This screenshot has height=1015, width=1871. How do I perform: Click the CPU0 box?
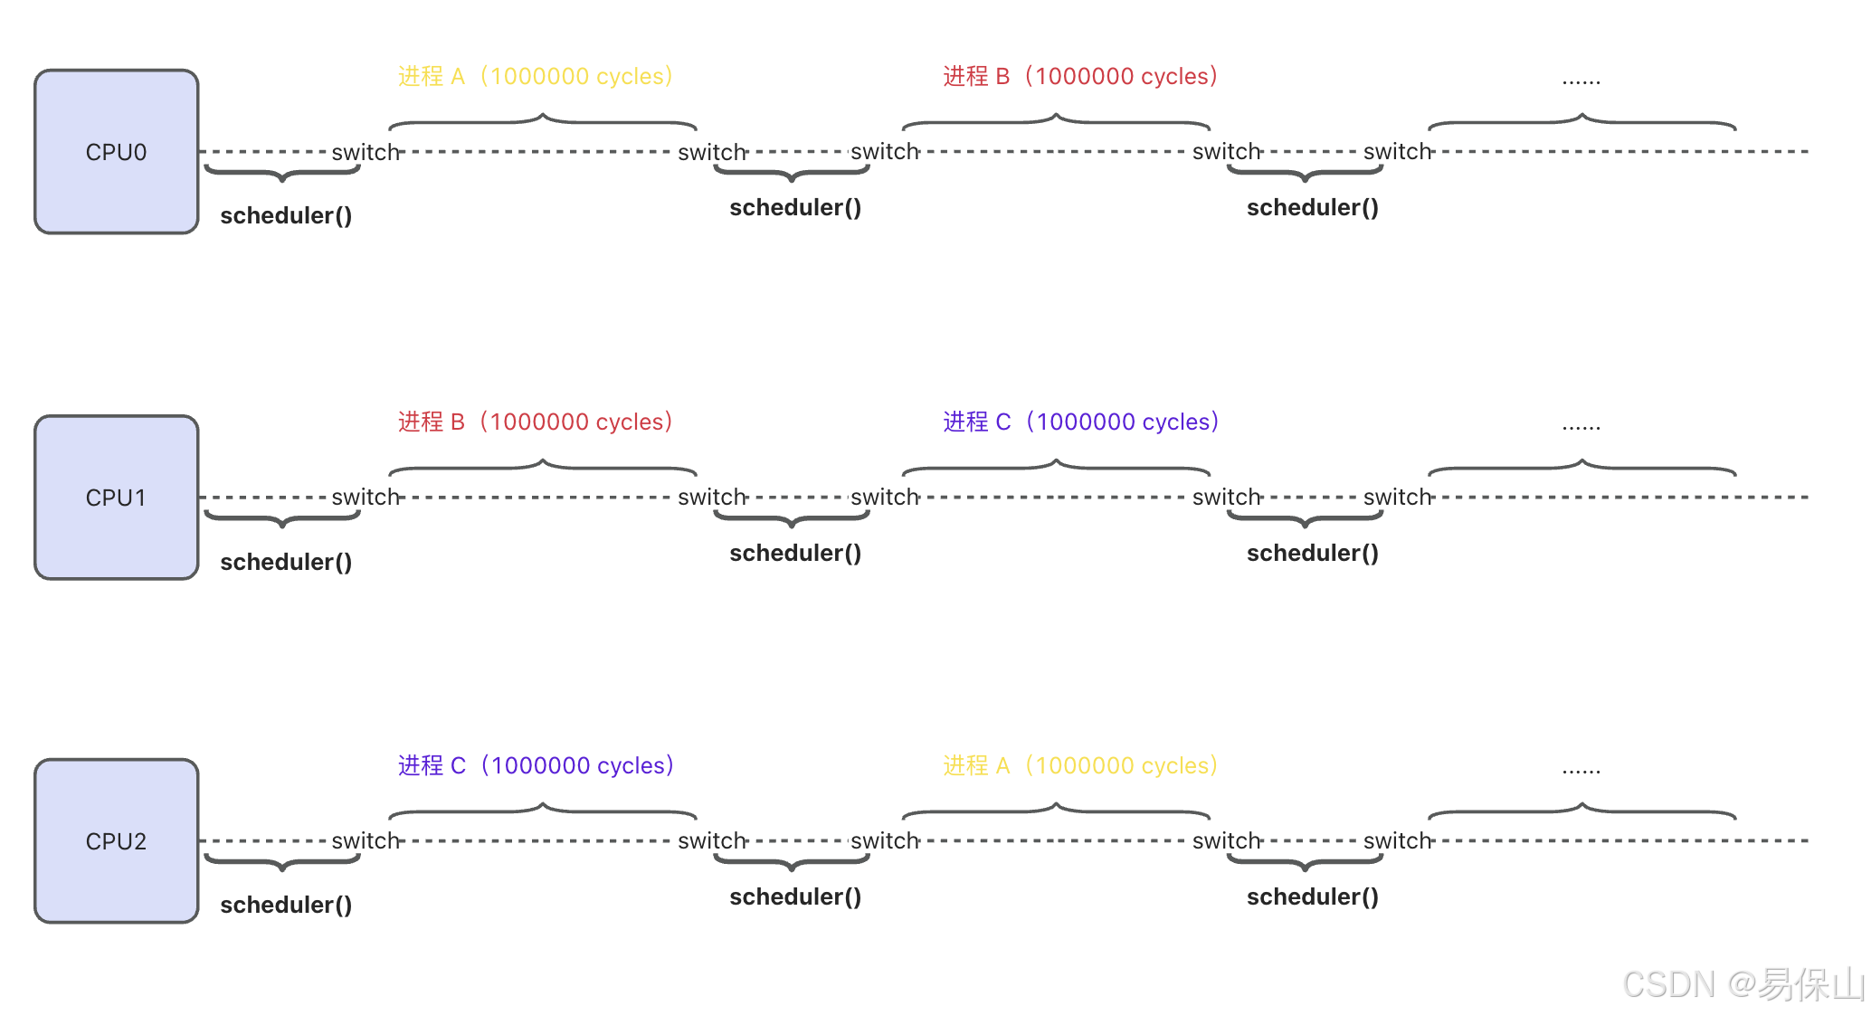(x=116, y=152)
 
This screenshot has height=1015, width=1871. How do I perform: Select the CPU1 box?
(x=116, y=498)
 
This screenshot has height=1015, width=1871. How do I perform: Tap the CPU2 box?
(x=116, y=841)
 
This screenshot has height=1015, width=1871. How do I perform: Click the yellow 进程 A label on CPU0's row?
(x=535, y=76)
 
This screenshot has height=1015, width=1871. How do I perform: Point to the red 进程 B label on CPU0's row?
(x=1080, y=76)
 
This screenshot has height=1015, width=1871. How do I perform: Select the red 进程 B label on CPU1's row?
(x=535, y=422)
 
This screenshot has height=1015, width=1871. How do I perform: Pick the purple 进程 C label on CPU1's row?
(x=1081, y=422)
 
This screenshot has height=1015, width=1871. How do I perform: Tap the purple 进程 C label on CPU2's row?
(x=536, y=765)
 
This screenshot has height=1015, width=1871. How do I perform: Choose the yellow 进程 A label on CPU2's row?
(x=1080, y=765)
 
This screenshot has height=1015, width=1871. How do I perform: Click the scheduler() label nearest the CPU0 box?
(x=286, y=215)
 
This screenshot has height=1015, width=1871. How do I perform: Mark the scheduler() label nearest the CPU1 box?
(x=286, y=562)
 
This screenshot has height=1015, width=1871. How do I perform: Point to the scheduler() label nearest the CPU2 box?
(x=286, y=905)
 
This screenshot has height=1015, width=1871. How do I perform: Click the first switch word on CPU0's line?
(x=365, y=152)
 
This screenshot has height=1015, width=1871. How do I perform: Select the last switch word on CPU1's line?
(x=1397, y=497)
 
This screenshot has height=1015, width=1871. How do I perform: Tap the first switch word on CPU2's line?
(x=365, y=840)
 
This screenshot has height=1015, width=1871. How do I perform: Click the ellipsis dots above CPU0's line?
(x=1581, y=81)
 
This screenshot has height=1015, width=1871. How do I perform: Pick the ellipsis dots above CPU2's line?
(x=1581, y=771)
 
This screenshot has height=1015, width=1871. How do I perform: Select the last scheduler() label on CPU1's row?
(x=1312, y=553)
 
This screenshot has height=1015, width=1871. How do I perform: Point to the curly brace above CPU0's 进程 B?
(x=1056, y=121)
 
